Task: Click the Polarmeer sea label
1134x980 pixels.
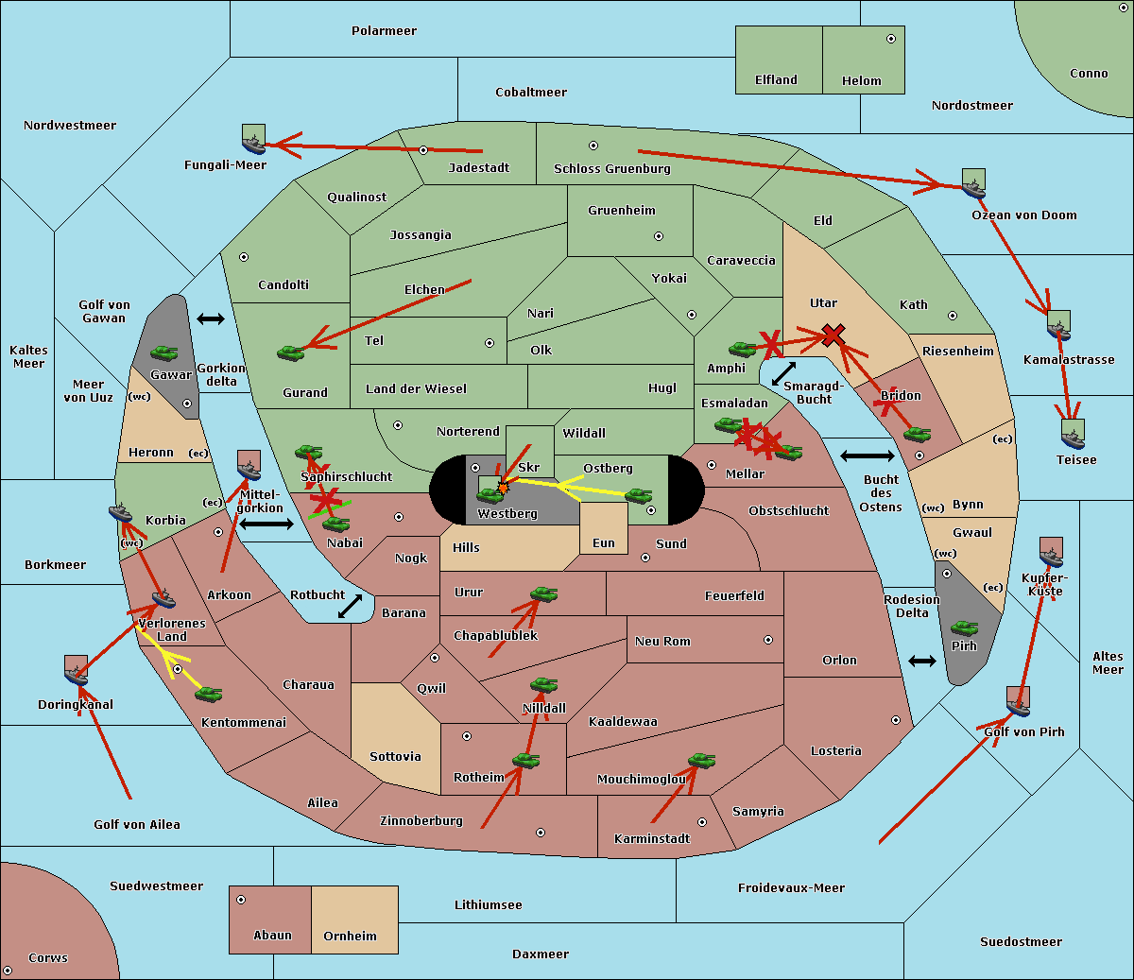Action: pyautogui.click(x=384, y=31)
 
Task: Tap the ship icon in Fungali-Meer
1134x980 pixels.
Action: pyautogui.click(x=253, y=141)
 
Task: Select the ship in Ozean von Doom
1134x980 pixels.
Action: pyautogui.click(x=973, y=184)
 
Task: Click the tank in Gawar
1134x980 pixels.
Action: pyautogui.click(x=164, y=353)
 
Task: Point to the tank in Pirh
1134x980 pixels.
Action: pyautogui.click(x=964, y=628)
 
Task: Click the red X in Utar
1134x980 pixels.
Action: pyautogui.click(x=833, y=334)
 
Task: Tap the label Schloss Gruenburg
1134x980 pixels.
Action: pyautogui.click(x=611, y=169)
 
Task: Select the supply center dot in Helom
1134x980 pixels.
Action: pyautogui.click(x=890, y=39)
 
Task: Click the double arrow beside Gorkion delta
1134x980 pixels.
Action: pyautogui.click(x=210, y=319)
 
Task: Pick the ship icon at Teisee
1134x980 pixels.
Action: pyautogui.click(x=1072, y=435)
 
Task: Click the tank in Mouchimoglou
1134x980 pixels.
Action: pyautogui.click(x=701, y=760)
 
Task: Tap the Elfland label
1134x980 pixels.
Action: pyautogui.click(x=776, y=80)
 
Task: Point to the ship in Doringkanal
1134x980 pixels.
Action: pyautogui.click(x=76, y=671)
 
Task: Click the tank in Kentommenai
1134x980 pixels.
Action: pyautogui.click(x=208, y=695)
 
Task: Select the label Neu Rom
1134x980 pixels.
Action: pyautogui.click(x=662, y=641)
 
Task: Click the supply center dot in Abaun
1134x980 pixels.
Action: pyautogui.click(x=241, y=900)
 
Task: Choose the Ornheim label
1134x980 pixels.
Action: pyautogui.click(x=350, y=937)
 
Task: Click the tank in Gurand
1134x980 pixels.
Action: pyautogui.click(x=290, y=352)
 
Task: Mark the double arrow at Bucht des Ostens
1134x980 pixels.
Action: pyautogui.click(x=867, y=456)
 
